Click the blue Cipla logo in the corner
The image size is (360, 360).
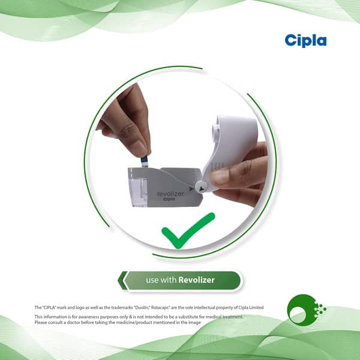point(305,41)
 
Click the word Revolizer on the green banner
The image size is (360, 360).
point(197,280)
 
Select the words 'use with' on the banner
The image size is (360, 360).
point(161,280)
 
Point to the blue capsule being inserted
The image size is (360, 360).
point(144,162)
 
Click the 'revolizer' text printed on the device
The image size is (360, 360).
point(170,194)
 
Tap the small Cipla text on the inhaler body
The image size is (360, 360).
point(169,199)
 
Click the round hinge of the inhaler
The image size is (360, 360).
point(201,187)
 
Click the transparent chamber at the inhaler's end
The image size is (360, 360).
point(137,187)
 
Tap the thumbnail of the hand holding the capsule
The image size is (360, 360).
point(139,148)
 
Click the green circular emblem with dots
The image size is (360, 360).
point(306,310)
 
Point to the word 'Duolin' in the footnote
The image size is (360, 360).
point(142,307)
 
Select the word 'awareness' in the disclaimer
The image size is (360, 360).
point(88,317)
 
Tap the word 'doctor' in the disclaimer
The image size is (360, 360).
point(73,322)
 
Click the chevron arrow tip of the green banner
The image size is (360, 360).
point(118,280)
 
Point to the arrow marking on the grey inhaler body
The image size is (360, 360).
point(191,189)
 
